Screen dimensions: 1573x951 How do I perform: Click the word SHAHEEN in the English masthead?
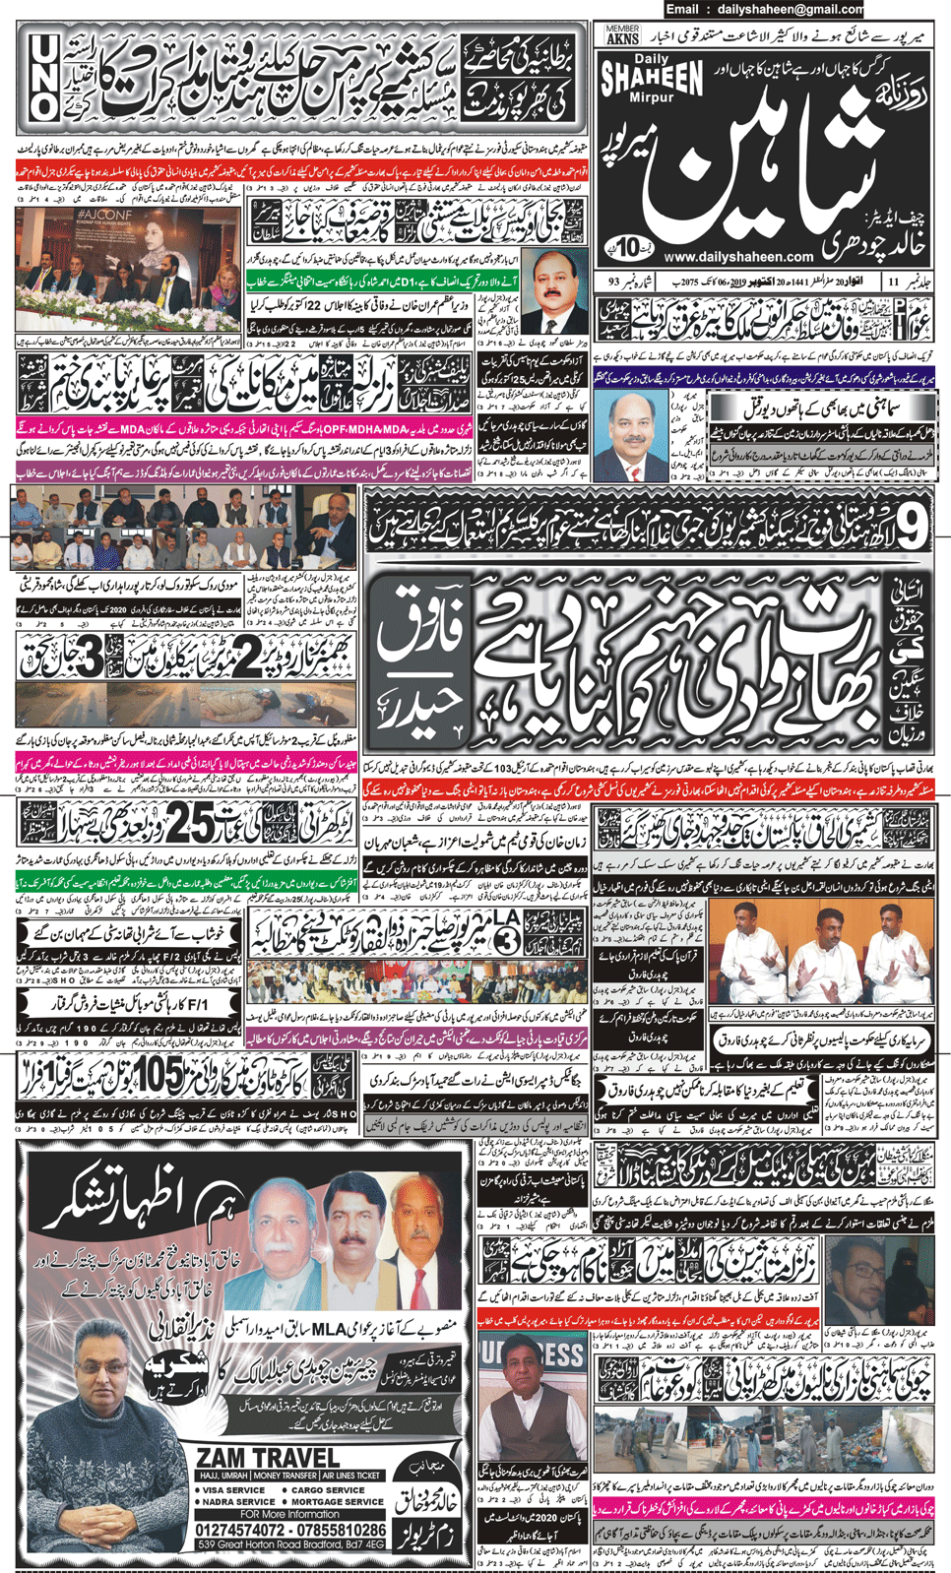pos(652,78)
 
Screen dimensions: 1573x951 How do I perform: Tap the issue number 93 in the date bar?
pos(613,283)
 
